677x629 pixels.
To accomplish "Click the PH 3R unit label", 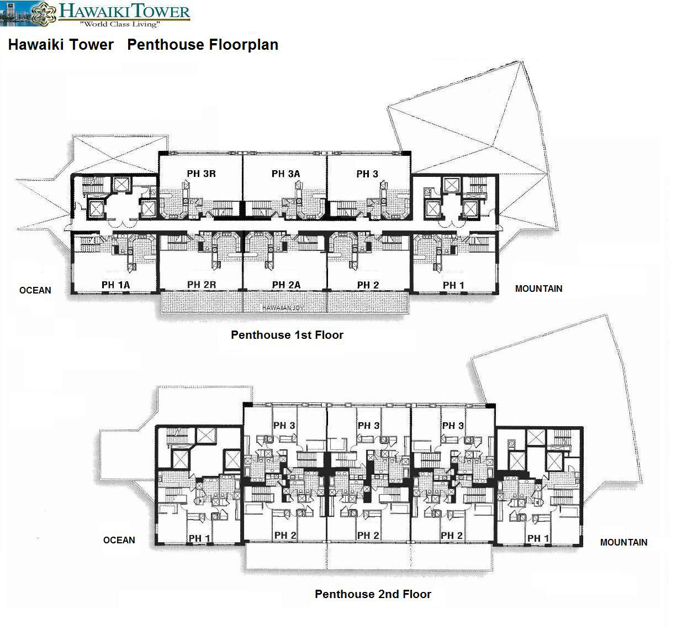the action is [x=201, y=174].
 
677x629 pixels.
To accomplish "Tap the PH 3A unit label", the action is [x=285, y=174].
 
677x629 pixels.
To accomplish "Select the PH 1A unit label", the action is [x=115, y=285].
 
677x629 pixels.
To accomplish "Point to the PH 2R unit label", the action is [x=202, y=285].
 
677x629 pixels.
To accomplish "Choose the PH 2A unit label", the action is [x=286, y=285].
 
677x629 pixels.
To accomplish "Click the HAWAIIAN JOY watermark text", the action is [x=283, y=308].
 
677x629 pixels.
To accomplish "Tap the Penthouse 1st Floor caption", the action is [x=287, y=335].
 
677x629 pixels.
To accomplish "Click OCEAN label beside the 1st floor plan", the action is [x=35, y=290].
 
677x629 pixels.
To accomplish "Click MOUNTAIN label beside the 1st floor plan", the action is [x=538, y=289].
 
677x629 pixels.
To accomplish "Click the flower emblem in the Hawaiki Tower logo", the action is [x=44, y=14].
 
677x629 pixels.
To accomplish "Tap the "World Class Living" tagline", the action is [x=120, y=24].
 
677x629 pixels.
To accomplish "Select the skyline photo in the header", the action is [x=15, y=14].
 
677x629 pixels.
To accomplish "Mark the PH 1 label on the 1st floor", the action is [x=453, y=285].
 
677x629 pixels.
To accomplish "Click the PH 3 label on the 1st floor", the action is [x=367, y=174].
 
